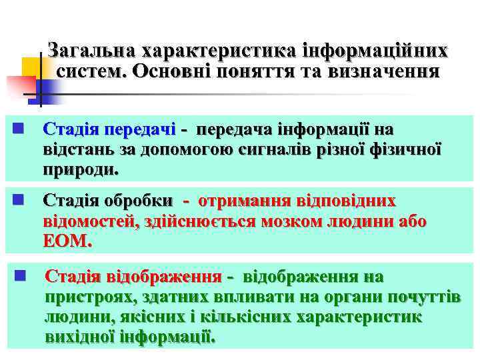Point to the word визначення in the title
click(x=381, y=72)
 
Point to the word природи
click(x=80, y=170)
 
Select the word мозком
click(x=296, y=221)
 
